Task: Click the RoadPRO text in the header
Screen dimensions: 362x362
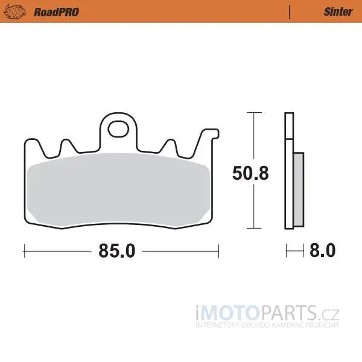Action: point(56,12)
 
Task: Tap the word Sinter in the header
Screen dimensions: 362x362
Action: point(338,12)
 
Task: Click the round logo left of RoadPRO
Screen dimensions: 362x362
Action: point(14,12)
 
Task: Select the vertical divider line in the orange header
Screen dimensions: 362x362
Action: point(290,12)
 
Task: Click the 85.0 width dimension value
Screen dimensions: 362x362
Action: point(117,251)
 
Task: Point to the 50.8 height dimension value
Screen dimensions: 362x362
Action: point(250,173)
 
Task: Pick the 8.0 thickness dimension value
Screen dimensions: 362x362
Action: point(322,250)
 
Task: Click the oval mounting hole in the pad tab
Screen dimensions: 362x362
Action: point(118,129)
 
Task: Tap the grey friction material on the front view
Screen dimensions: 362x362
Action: point(118,189)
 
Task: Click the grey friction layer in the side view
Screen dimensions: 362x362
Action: point(299,189)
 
